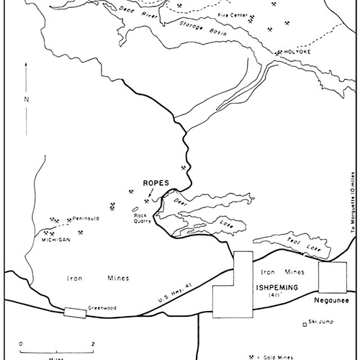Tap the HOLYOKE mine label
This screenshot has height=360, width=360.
[296, 53]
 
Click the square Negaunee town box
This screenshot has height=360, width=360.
[332, 276]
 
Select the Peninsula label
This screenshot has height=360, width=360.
[85, 217]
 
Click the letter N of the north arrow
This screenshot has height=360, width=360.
[27, 99]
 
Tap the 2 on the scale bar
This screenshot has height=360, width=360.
[93, 343]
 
